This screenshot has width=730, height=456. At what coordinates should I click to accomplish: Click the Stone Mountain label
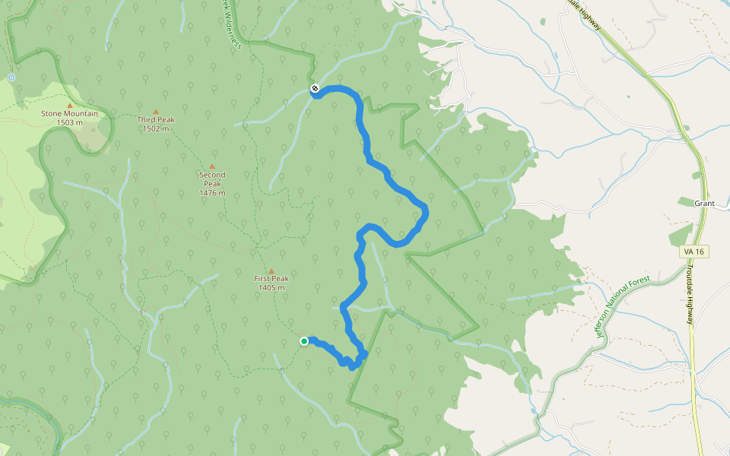69,114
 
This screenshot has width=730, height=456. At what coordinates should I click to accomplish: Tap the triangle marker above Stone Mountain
70,106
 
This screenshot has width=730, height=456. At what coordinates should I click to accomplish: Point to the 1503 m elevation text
69,122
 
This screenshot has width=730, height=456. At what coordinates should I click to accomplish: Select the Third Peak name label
156,120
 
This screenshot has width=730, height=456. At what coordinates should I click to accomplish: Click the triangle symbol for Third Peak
156,112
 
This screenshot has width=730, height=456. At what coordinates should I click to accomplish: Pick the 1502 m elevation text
156,128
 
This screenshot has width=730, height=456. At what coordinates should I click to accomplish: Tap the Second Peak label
212,179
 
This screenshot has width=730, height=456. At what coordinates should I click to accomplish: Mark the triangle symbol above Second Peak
212,166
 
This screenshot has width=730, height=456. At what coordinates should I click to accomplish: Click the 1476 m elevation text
212,193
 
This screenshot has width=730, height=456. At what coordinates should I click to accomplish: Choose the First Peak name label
271,279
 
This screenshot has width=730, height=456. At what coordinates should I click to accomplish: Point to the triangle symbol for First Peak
271,271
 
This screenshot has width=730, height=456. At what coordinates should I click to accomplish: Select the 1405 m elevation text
271,288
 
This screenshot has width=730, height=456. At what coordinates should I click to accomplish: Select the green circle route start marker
304,341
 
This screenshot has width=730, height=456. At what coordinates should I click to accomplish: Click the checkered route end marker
314,90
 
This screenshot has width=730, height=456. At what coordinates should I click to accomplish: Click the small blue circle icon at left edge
11,78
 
